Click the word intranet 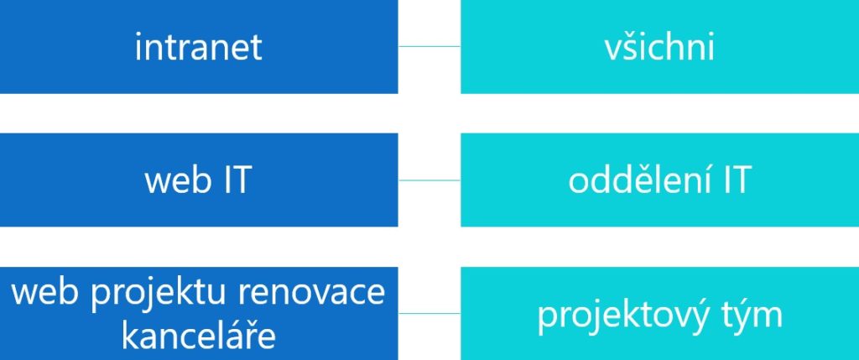pos(198,48)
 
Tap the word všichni pos(659,48)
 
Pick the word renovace pos(311,291)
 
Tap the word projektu pos(164,293)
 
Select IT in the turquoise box pos(735,180)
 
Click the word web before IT pos(178,180)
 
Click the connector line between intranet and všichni pos(429,47)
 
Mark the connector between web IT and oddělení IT pos(429,180)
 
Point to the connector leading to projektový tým pos(429,313)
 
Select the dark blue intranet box pos(199,47)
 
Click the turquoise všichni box pos(659,47)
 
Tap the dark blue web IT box pos(199,180)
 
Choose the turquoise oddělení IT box pos(659,180)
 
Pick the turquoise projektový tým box pos(659,313)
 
